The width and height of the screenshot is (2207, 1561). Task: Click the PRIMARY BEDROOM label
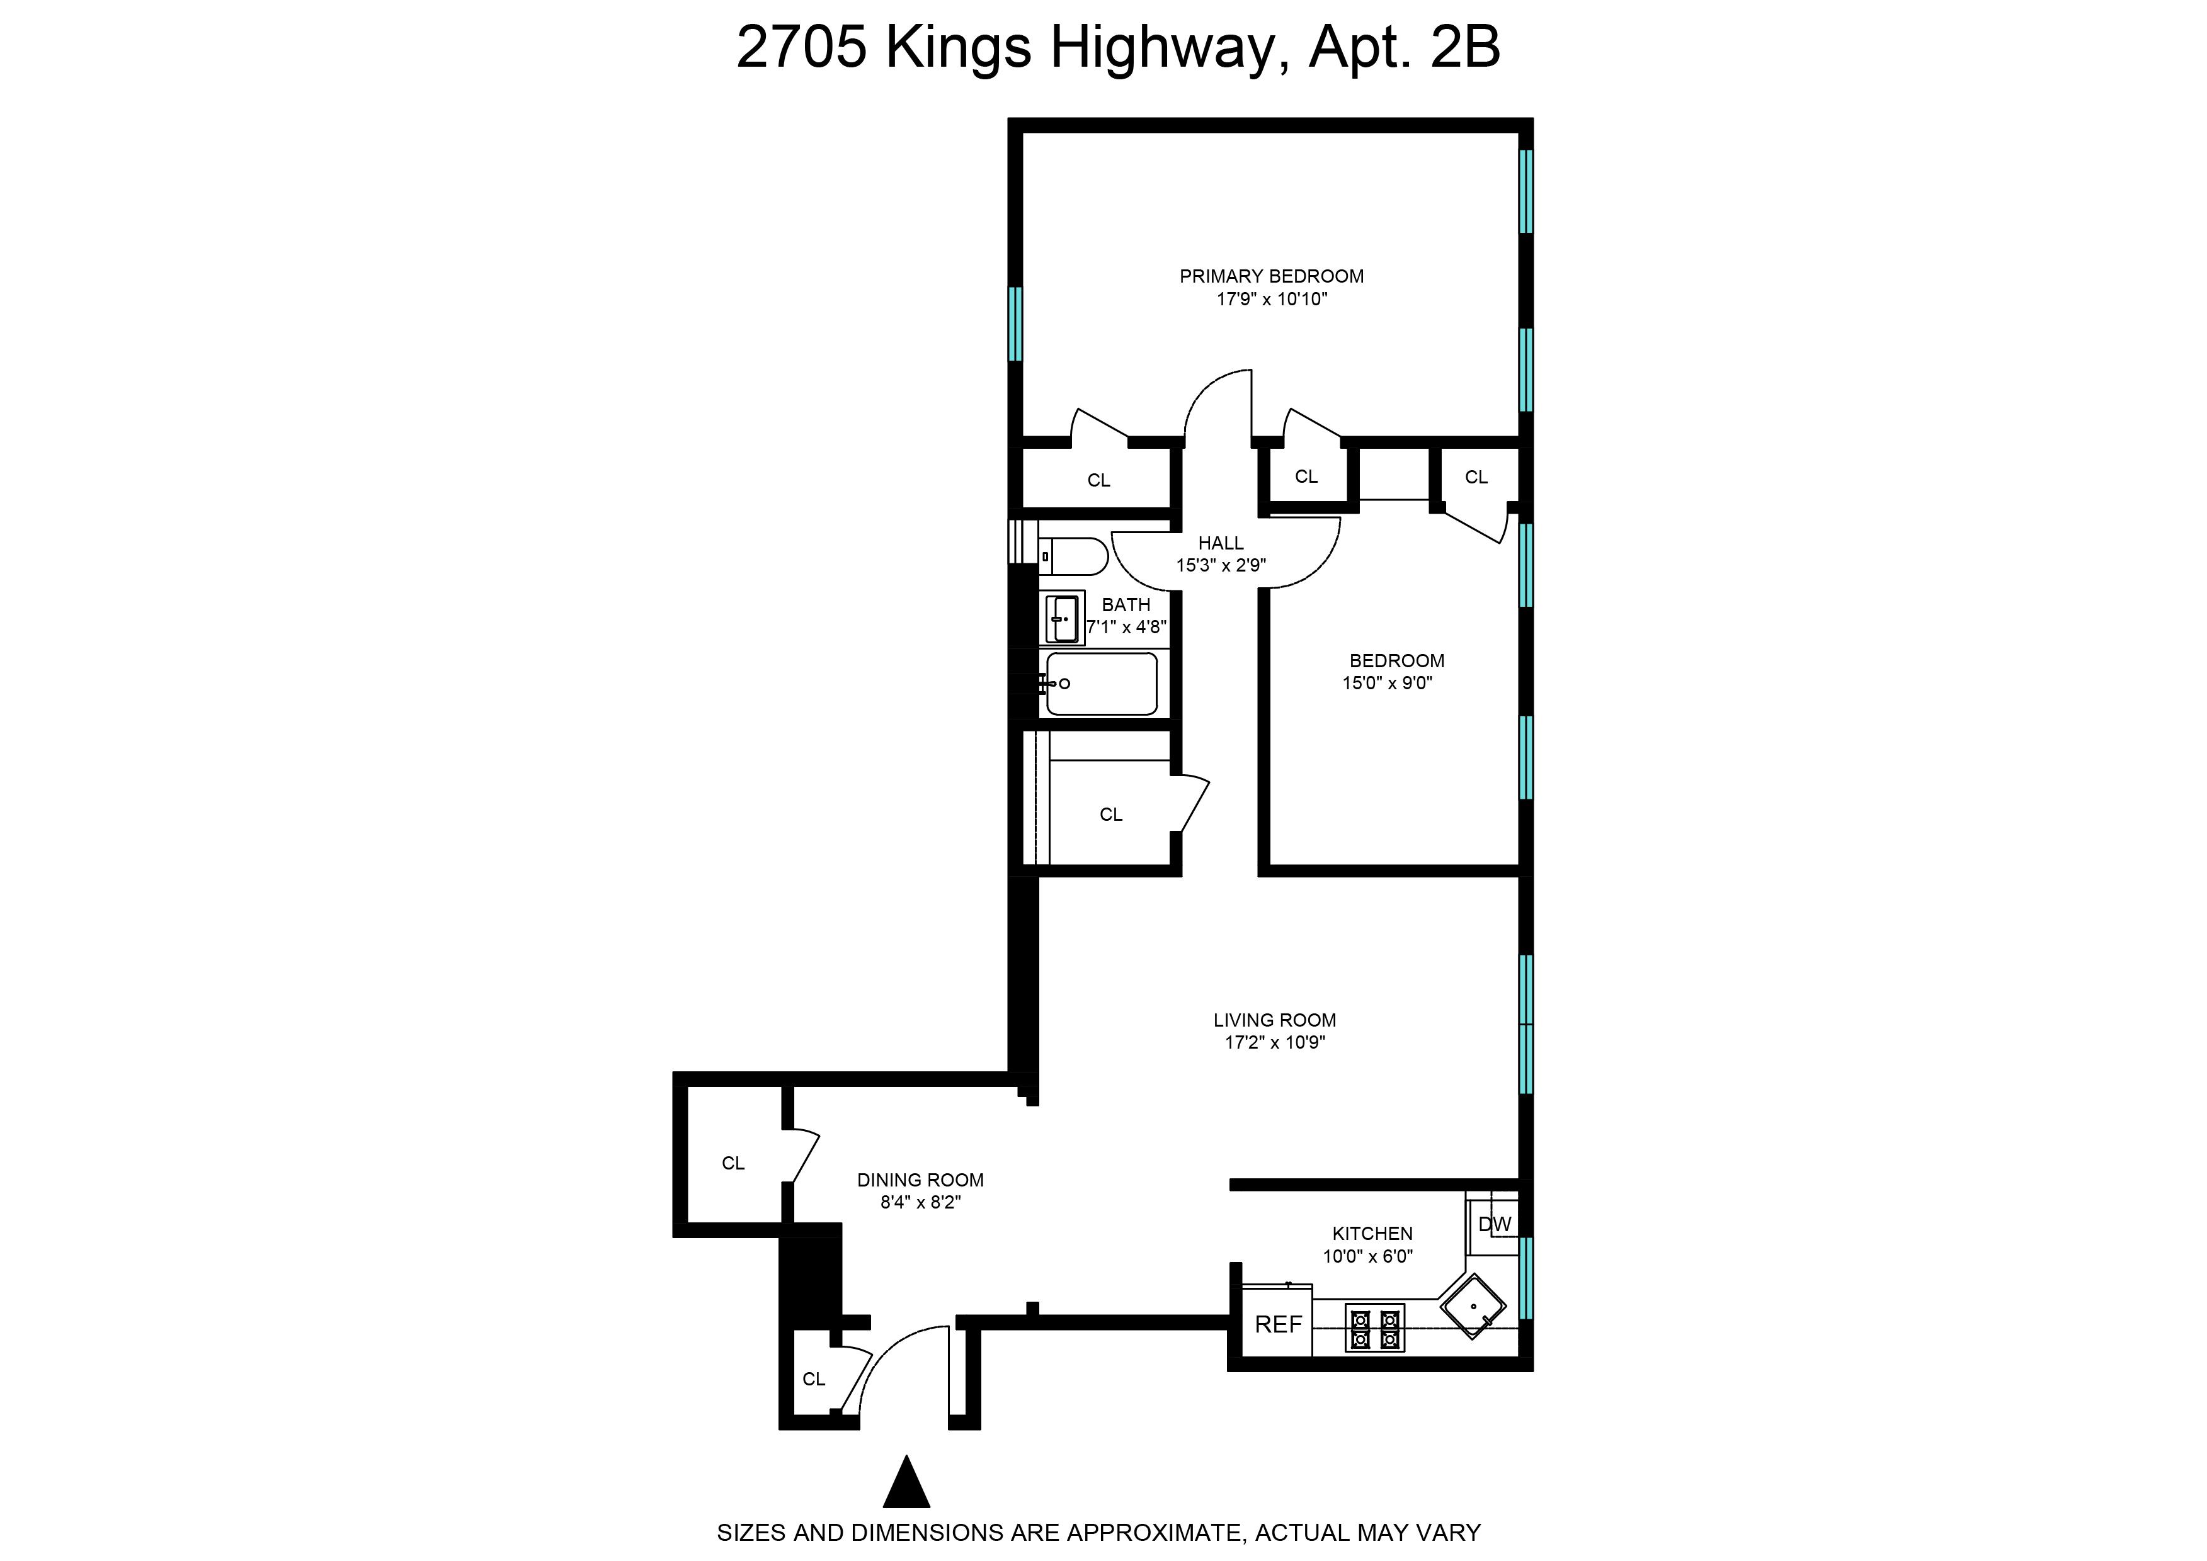1271,276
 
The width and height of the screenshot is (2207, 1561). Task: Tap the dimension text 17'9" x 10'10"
1271,299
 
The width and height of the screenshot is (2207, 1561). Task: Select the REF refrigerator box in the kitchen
1278,1324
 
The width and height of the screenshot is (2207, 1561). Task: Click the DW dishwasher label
1495,1225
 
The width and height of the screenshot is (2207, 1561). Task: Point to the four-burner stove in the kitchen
1374,1327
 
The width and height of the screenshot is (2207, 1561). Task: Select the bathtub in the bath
1102,684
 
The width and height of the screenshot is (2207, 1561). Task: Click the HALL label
1221,543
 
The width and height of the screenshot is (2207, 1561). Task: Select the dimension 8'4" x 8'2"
920,1202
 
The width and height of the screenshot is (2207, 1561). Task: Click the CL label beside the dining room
733,1163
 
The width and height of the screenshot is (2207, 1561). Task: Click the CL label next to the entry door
814,1379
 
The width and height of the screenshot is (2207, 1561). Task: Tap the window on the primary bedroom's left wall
1015,324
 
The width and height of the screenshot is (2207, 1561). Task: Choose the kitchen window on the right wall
1526,1278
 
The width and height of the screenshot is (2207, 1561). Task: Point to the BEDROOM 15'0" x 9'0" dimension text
1388,684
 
